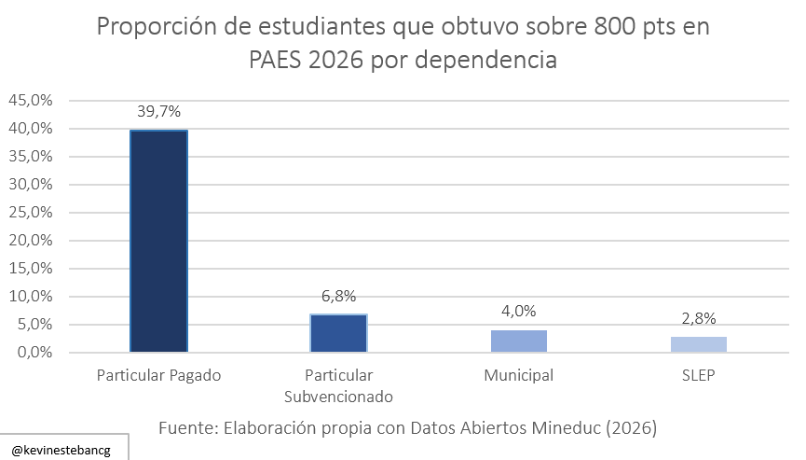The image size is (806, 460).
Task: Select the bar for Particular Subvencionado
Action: pos(338,333)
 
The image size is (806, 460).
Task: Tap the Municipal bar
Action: pos(518,341)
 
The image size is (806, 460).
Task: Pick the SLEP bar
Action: pos(698,344)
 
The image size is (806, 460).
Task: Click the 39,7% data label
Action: pos(158,112)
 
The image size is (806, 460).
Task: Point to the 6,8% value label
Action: pos(338,296)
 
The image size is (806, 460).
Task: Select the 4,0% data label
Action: pos(518,312)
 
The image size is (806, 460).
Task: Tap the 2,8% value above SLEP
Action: pos(698,318)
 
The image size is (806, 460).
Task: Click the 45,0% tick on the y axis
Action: pos(33,100)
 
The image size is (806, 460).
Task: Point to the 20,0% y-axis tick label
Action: pos(33,241)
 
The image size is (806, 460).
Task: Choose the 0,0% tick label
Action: pos(35,353)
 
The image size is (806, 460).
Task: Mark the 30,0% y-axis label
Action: pos(33,184)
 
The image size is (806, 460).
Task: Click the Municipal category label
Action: pos(518,376)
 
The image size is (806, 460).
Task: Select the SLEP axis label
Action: pos(698,376)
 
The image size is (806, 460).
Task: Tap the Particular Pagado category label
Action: pos(158,376)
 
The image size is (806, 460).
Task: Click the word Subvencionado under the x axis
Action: pos(338,396)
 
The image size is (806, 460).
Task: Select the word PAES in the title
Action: pos(279,60)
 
